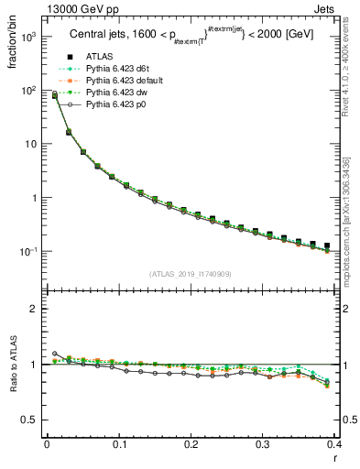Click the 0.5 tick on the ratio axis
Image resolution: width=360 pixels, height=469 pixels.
(x=34, y=420)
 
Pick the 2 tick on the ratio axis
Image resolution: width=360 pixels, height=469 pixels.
(x=38, y=309)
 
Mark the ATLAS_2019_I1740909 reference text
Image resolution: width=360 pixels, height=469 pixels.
(x=191, y=275)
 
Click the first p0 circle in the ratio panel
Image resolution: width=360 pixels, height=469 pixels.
(x=54, y=354)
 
